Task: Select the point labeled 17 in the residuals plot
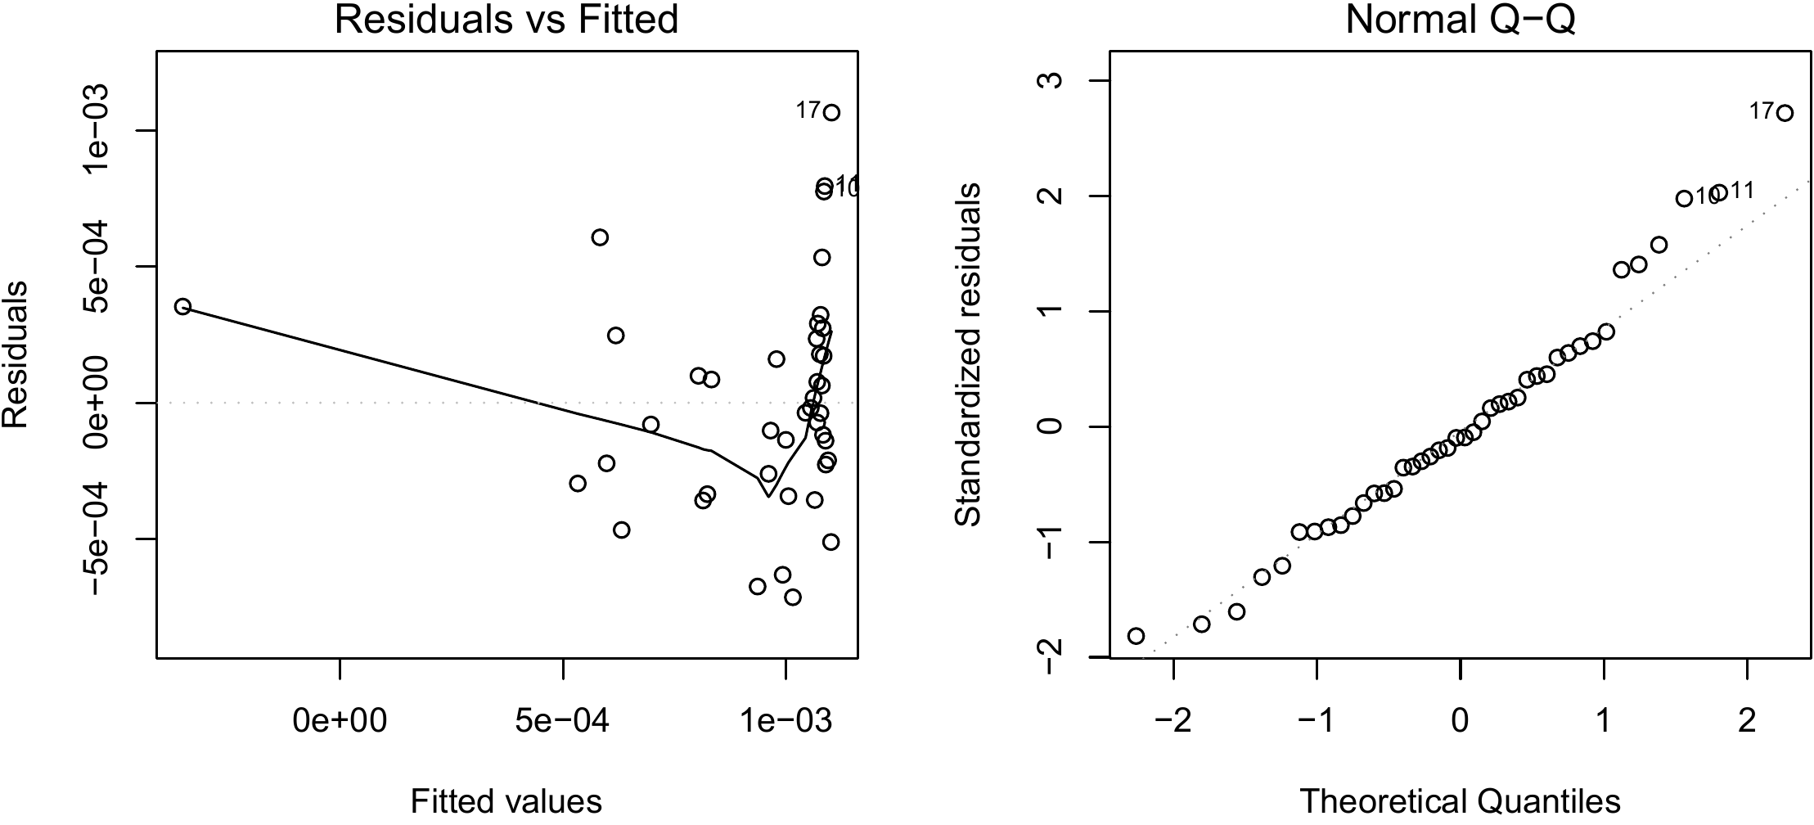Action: click(x=831, y=113)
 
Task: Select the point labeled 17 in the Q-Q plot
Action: click(x=1785, y=113)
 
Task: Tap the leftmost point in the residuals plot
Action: click(x=182, y=306)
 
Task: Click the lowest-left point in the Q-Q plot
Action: click(x=1136, y=636)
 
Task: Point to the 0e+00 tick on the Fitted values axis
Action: click(x=340, y=721)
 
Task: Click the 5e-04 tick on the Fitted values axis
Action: click(x=563, y=721)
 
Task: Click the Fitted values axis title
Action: click(x=506, y=801)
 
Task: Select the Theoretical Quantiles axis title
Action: click(x=1460, y=801)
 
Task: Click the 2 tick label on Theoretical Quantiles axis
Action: click(x=1748, y=721)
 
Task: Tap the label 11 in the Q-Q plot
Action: click(x=1743, y=191)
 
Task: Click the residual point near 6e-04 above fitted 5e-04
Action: click(x=600, y=237)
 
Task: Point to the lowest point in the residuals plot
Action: click(x=792, y=597)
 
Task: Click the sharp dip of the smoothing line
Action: click(x=768, y=496)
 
